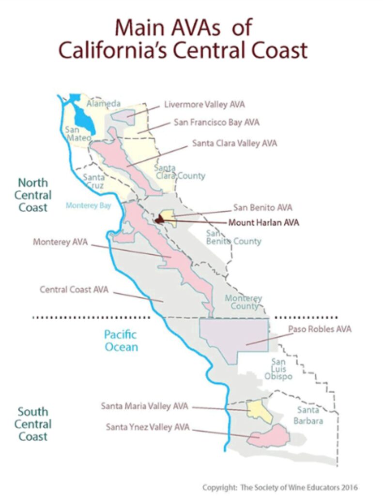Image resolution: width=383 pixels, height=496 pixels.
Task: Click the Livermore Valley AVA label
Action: tap(204, 105)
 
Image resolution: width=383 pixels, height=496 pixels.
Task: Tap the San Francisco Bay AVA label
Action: tap(216, 123)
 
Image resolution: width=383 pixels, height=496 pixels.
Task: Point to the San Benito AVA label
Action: tap(262, 208)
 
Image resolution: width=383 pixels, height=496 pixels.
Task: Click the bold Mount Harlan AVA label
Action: tap(263, 223)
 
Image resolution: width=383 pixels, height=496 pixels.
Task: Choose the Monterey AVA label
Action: tap(60, 242)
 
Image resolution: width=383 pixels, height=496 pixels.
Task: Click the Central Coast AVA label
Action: tap(74, 290)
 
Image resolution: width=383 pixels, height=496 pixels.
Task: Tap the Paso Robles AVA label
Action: tap(320, 329)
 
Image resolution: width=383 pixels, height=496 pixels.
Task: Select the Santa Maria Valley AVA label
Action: tap(144, 406)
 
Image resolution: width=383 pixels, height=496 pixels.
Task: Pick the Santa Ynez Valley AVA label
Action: tap(148, 427)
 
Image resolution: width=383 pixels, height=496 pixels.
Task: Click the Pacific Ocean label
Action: tap(121, 341)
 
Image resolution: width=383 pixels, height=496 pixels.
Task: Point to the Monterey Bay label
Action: tap(88, 205)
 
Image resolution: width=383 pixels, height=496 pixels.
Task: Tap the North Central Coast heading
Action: tap(33, 195)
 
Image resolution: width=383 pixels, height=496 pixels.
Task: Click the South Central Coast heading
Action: tap(33, 424)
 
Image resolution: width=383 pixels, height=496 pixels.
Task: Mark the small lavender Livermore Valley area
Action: tap(123, 117)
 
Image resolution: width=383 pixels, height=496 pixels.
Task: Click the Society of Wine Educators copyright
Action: tap(281, 487)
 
